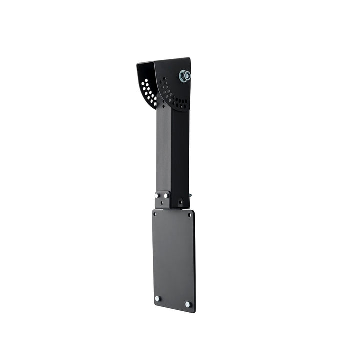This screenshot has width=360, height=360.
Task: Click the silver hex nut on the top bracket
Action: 184,76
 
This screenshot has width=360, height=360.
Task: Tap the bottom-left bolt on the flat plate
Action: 157,298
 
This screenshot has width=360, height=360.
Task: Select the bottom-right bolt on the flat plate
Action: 188,304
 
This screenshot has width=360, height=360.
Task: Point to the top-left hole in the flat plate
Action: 155,214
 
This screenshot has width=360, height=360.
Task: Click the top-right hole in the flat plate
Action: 189,215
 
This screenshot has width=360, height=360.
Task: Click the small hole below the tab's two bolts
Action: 162,204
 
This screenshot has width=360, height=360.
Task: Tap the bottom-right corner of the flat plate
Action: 194,312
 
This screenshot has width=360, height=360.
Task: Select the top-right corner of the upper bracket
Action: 189,58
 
